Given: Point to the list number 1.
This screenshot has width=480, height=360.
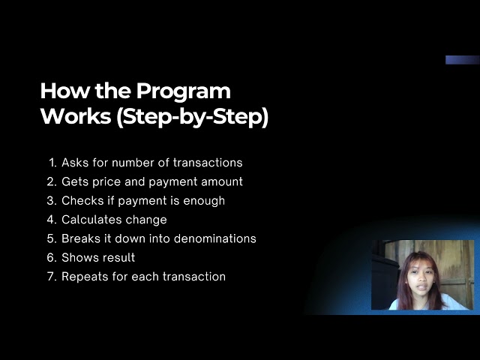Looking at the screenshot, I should (52, 163).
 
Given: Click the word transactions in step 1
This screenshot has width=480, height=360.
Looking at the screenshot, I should (208, 163).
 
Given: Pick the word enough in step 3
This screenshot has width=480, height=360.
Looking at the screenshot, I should (205, 201).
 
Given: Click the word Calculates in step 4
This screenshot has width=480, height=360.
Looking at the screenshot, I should (92, 220).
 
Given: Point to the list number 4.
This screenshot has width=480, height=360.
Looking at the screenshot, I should (52, 220).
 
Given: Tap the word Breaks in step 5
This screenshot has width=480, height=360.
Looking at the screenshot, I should (79, 238).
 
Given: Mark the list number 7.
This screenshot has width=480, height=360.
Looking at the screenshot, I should (52, 277).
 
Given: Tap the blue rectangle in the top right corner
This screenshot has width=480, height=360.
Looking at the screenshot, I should (462, 60).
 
